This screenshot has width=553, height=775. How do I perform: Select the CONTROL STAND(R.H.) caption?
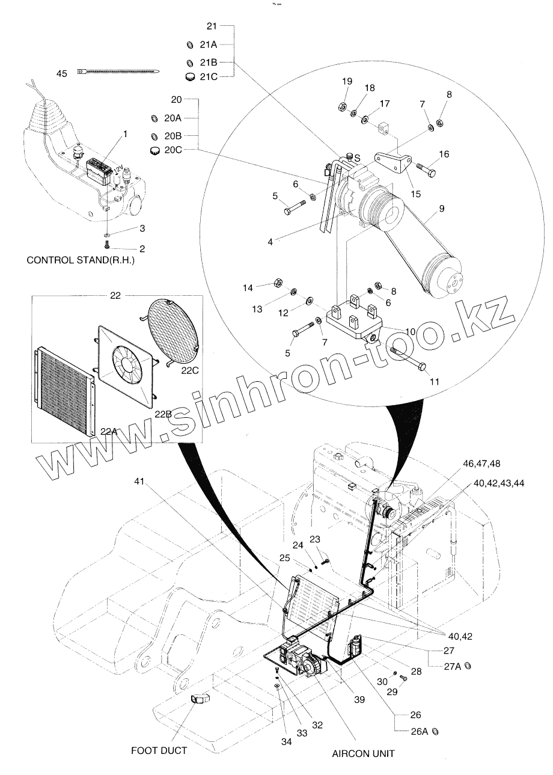[81, 261]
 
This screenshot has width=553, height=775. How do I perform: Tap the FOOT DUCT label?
[159, 750]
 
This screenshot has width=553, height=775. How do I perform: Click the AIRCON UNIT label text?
[364, 753]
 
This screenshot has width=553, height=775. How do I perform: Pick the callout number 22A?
[109, 430]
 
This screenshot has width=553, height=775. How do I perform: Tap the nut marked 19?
[340, 106]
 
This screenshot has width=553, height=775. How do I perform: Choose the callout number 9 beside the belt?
[442, 209]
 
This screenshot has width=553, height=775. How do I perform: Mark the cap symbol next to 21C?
[191, 76]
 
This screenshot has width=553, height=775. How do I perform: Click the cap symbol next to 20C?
[154, 150]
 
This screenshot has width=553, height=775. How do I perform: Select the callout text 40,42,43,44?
[499, 482]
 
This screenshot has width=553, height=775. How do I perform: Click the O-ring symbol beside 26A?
[436, 731]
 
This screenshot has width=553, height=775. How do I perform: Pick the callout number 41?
[139, 482]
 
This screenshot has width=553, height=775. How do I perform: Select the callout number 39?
[359, 699]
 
